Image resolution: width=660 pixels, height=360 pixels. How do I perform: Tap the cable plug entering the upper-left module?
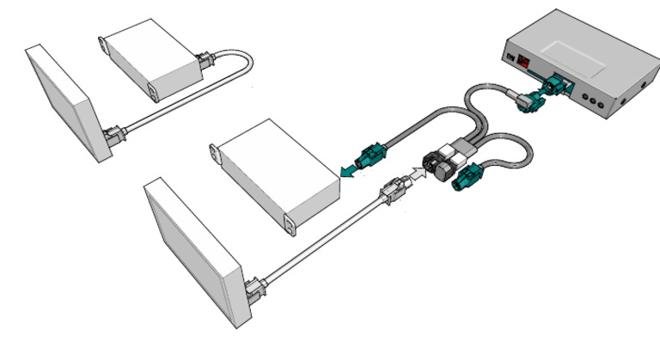pos(205,63)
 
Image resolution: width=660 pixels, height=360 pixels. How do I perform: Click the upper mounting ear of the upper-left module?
pos(103,41)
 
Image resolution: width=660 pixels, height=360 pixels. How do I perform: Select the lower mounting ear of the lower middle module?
pos(290,225)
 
